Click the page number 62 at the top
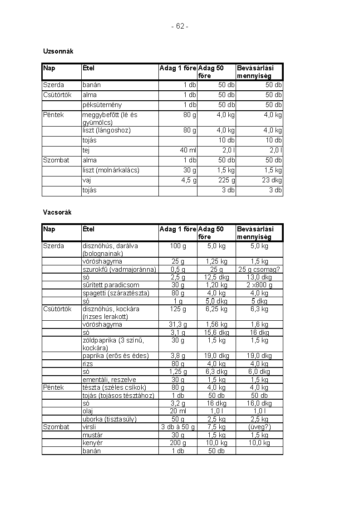pyautogui.click(x=180, y=26)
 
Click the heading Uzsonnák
pyautogui.click(x=58, y=51)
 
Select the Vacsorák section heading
pyautogui.click(x=57, y=212)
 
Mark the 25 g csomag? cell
pyautogui.click(x=259, y=269)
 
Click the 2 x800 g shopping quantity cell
pyautogui.click(x=259, y=285)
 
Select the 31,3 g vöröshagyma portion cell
pyautogui.click(x=178, y=324)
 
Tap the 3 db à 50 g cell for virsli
pyautogui.click(x=178, y=427)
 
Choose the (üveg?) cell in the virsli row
pyautogui.click(x=259, y=427)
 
